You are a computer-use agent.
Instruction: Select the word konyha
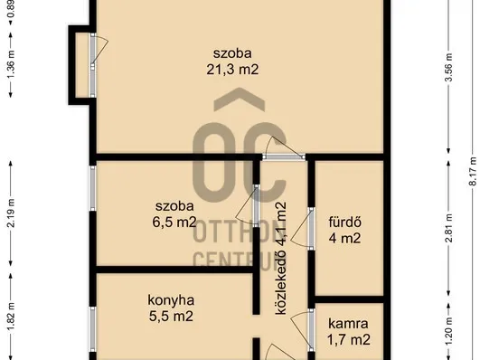[x=171, y=300]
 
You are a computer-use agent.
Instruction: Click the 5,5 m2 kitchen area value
[x=170, y=317]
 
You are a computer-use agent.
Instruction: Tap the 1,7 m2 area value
[x=348, y=340]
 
